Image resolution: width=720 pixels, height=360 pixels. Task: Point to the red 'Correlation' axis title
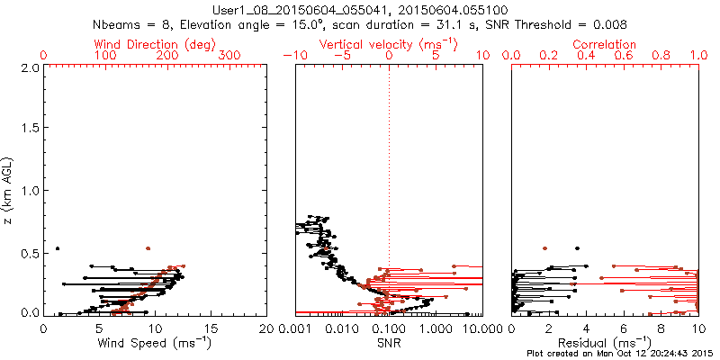[x=605, y=44]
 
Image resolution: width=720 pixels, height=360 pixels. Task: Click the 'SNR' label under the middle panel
[x=389, y=343]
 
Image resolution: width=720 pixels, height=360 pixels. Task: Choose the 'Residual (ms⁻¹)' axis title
[x=605, y=343]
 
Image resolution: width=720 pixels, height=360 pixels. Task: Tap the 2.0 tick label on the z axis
[x=29, y=67]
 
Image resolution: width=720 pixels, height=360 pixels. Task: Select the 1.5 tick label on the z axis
[x=29, y=130]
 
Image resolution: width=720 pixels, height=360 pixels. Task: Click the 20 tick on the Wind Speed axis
[x=266, y=329]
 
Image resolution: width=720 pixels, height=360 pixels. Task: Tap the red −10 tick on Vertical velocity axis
[x=293, y=55]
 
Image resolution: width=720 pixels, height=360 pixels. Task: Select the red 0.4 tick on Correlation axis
[x=587, y=55]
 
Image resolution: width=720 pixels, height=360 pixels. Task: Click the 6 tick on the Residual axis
[x=624, y=329]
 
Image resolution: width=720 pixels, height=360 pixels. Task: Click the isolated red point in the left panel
[x=148, y=247]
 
